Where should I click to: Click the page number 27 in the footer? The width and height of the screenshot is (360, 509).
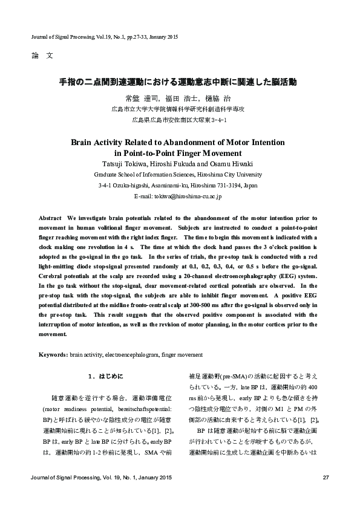coord(326,479)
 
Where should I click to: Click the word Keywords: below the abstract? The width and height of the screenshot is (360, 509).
coord(53,354)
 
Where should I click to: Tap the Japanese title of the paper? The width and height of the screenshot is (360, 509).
coord(180,80)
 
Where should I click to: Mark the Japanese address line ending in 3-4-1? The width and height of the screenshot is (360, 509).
coord(180,120)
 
